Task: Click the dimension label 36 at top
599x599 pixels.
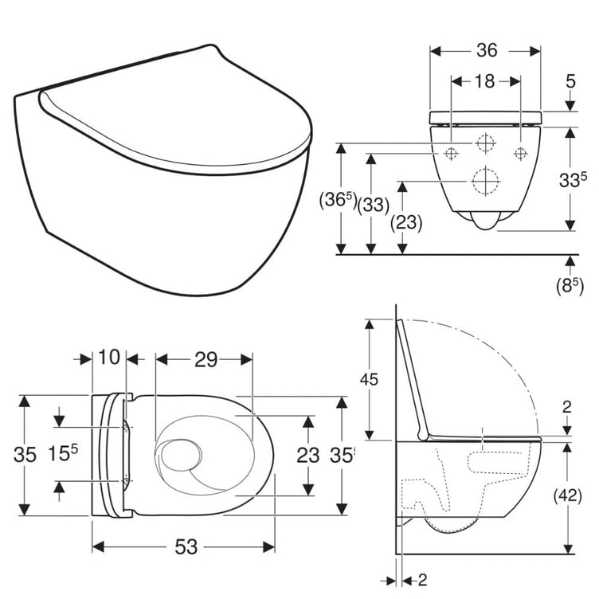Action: (x=487, y=51)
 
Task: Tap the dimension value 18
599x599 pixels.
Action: (x=484, y=81)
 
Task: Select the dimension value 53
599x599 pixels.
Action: (x=186, y=546)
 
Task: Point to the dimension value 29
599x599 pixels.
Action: (x=206, y=359)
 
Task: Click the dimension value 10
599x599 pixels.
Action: (x=109, y=357)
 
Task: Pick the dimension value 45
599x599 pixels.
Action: (x=369, y=379)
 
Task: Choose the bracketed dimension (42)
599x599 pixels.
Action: (x=568, y=496)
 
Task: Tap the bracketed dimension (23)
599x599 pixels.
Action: (x=406, y=223)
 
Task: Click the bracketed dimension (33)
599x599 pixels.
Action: (x=374, y=206)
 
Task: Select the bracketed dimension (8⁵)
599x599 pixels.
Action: (x=570, y=287)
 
